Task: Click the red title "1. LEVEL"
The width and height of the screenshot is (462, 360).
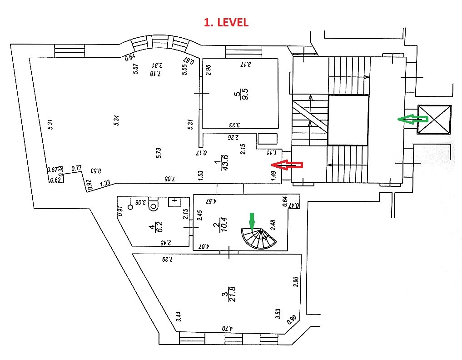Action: coord(226,23)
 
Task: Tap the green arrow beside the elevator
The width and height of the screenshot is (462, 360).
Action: coord(412,119)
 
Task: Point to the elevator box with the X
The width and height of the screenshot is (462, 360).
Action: coord(434,120)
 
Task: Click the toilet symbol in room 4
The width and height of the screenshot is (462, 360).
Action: coord(154,205)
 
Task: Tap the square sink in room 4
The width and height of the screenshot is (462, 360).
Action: coord(174,202)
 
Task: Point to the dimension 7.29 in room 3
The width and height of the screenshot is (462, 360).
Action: coord(169,260)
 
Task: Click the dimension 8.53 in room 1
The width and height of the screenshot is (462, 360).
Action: coord(95,171)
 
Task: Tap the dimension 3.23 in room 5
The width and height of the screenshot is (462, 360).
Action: coord(234,125)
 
